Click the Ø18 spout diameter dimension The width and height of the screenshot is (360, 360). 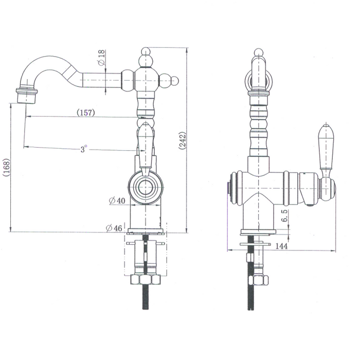coord(101,61)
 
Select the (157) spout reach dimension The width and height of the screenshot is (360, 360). coord(84,113)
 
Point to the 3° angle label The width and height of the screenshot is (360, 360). coord(84,149)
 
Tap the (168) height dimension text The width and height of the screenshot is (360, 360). coord(5,167)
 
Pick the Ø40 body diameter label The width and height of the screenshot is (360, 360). coord(117,201)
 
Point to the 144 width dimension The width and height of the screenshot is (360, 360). coord(280,246)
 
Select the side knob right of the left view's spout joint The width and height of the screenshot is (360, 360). coord(174,81)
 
